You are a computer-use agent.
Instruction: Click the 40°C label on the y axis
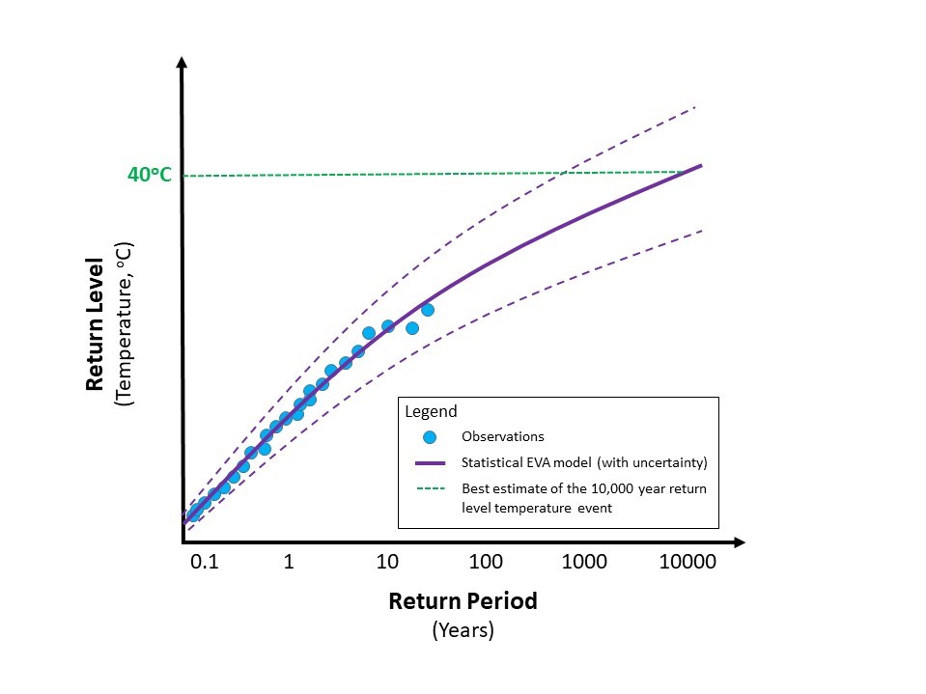(x=150, y=175)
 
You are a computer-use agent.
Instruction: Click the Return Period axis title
(x=463, y=601)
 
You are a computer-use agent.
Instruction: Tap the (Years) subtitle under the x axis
(x=463, y=630)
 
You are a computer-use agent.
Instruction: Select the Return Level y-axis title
(x=95, y=323)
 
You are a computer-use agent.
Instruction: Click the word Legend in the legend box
(x=431, y=411)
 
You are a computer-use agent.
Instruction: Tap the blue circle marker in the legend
(x=430, y=436)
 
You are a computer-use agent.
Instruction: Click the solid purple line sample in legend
(x=430, y=462)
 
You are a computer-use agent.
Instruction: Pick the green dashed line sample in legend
(x=430, y=488)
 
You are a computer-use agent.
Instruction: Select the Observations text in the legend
(x=503, y=436)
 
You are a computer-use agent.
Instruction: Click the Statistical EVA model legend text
(x=585, y=462)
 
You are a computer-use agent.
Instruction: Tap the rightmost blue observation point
(x=428, y=310)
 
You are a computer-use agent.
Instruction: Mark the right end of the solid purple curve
(x=700, y=165)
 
